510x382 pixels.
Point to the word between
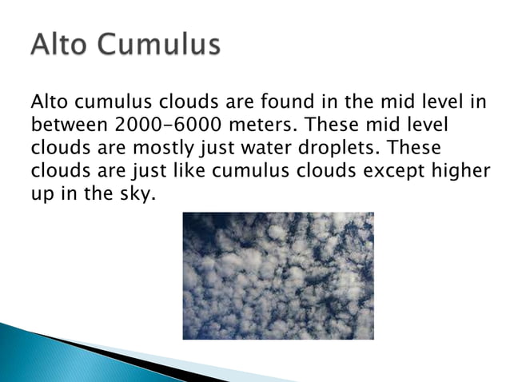[69, 125]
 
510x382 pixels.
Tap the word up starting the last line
[41, 193]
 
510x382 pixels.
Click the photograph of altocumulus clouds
[277, 275]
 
